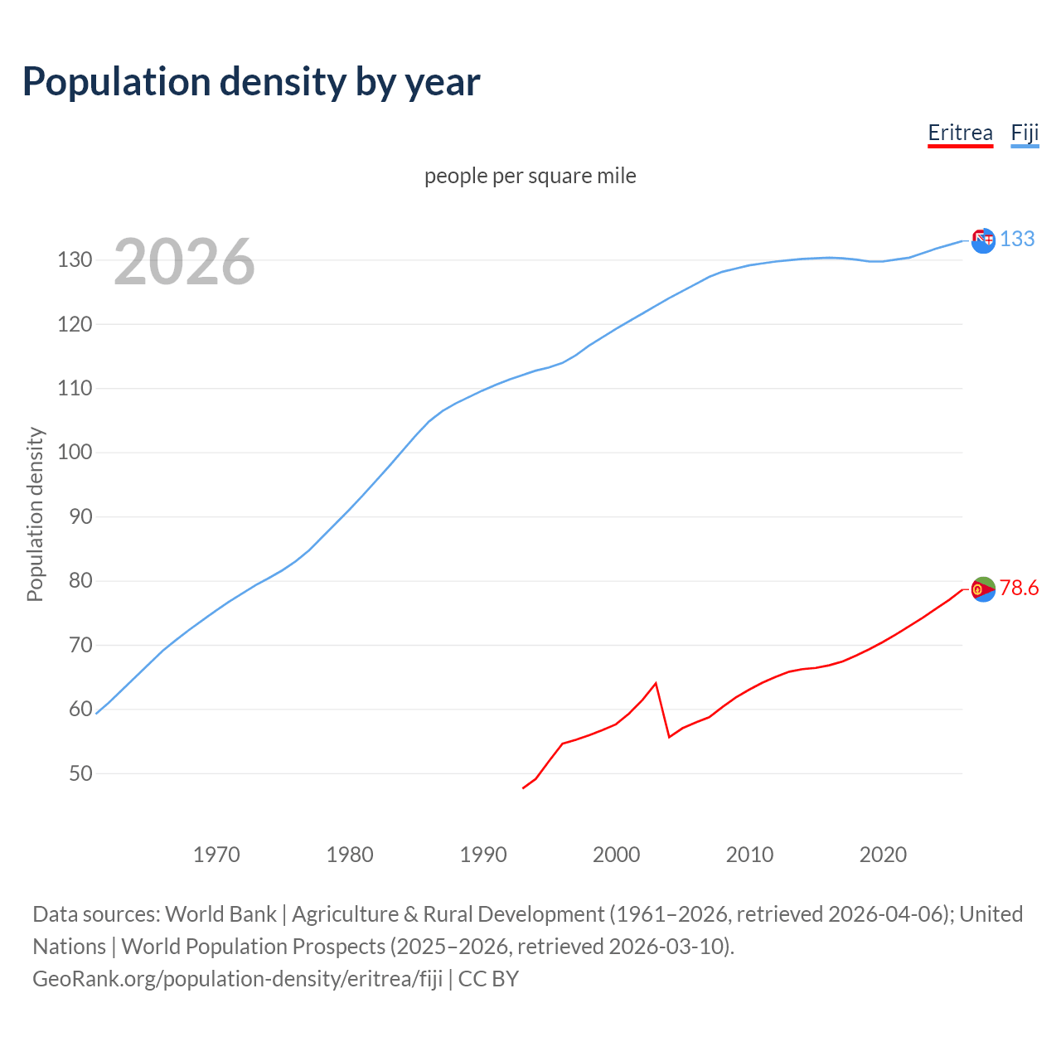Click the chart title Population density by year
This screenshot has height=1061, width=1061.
(x=251, y=82)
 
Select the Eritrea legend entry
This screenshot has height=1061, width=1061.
(x=960, y=133)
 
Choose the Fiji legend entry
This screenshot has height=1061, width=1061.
(x=1025, y=133)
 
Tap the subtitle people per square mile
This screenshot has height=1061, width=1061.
(x=530, y=176)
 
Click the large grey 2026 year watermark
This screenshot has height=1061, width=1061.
(x=184, y=262)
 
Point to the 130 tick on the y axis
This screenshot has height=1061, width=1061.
(x=75, y=260)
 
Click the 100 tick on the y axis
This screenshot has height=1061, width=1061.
(x=75, y=453)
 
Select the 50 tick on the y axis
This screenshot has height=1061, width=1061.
(x=80, y=773)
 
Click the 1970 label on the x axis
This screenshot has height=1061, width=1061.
(x=216, y=855)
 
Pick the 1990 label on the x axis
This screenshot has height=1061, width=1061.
(x=483, y=855)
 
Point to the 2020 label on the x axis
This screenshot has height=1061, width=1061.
(x=883, y=855)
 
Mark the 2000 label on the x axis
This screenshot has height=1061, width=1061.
(x=616, y=855)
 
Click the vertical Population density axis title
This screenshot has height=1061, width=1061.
(x=35, y=514)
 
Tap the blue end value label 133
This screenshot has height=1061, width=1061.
(x=1017, y=239)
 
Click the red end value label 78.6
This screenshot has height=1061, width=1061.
(x=1019, y=588)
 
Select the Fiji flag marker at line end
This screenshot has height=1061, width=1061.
(x=983, y=240)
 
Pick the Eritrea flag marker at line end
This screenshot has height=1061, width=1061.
(x=983, y=589)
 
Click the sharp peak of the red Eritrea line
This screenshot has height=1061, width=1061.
(x=656, y=683)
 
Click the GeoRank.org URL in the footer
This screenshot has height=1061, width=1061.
(x=238, y=978)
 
